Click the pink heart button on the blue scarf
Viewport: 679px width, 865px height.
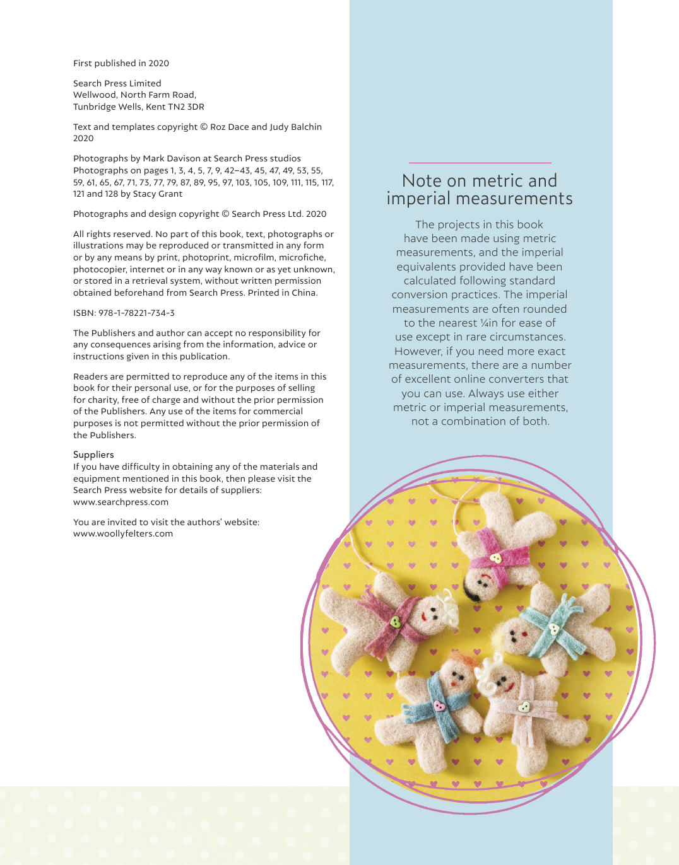coord(439,705)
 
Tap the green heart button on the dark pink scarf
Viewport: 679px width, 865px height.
coord(396,622)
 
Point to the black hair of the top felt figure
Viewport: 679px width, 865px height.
coord(470,590)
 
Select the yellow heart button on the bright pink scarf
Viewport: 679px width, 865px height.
coord(495,558)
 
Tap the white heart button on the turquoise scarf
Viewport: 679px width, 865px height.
coord(553,629)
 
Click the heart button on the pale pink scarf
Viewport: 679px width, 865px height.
coord(524,707)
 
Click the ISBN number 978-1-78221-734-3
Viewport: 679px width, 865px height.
coord(136,313)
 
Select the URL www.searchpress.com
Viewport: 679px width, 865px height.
coord(121,502)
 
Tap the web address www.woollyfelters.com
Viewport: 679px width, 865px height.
coord(123,533)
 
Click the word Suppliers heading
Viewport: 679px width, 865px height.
coord(93,455)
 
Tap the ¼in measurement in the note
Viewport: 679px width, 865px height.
coord(489,323)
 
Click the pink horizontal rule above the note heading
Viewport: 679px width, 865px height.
coord(480,163)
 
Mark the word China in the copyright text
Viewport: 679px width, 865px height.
coord(304,293)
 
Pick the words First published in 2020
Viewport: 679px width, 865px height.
coord(121,63)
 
